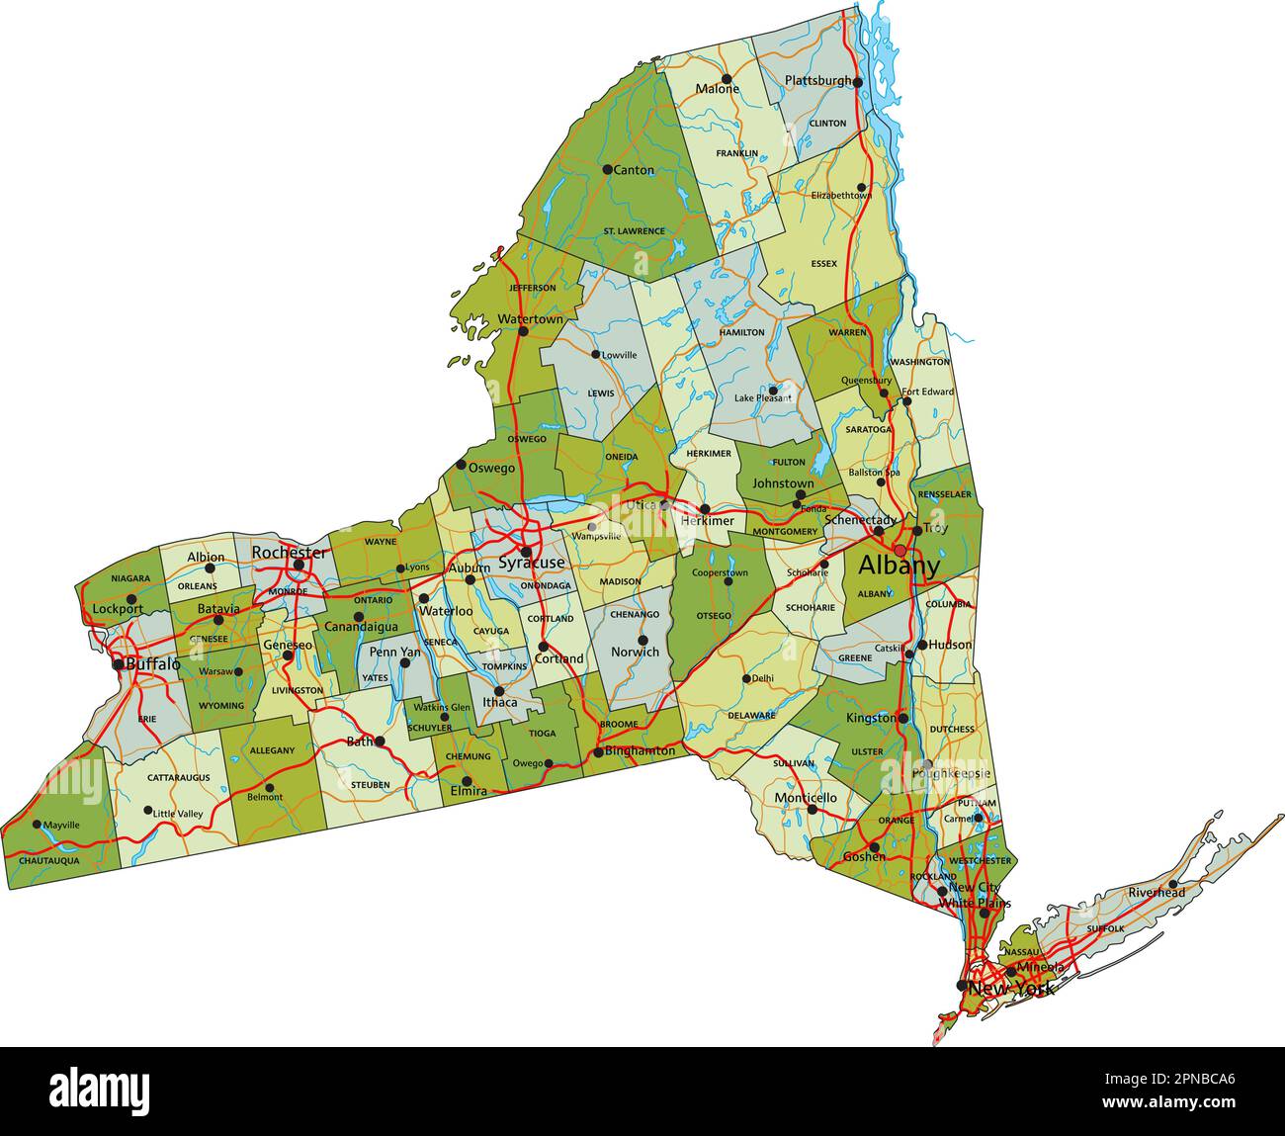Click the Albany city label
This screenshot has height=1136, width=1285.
pos(899,567)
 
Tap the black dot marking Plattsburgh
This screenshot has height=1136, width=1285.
pos(858,82)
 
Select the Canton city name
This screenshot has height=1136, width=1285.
pos(634,170)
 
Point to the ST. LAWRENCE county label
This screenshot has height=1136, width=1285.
pos(634,231)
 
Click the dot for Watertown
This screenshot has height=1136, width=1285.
pos(523,330)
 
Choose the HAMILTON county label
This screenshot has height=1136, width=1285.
pos(741,332)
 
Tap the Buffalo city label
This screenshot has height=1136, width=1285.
pos(153,664)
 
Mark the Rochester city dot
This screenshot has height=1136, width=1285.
pos(299,565)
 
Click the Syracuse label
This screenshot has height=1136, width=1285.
pos(532,563)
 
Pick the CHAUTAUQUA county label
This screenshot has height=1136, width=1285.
pos(49,861)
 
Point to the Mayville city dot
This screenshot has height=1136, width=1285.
pos(37,824)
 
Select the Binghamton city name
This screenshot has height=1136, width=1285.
pos(640,751)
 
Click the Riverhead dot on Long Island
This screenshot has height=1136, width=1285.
pos(1172,884)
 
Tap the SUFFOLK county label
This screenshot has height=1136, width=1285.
pos(1104,929)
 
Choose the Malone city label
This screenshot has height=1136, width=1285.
pos(718,89)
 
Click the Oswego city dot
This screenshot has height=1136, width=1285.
pos(461,465)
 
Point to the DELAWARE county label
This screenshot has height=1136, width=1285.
pos(751,715)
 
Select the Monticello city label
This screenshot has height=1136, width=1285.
pos(806,798)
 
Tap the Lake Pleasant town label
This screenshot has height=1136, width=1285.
pos(763,398)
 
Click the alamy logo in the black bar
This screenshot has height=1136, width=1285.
pos(100,1090)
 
